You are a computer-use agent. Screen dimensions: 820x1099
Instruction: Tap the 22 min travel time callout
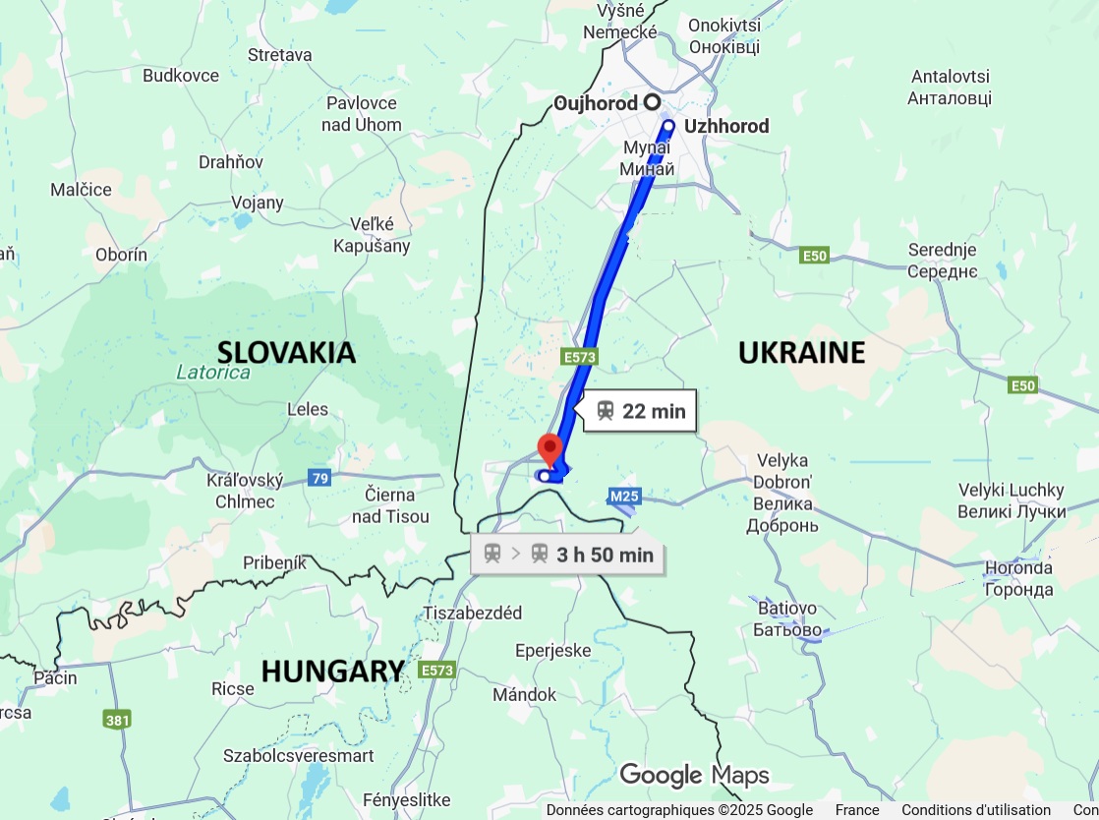coord(640,411)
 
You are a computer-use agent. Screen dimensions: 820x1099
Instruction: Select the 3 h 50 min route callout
coord(568,555)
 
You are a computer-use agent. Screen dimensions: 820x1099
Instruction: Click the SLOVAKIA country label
coord(286,352)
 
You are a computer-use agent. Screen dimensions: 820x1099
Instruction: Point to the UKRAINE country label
coord(801,352)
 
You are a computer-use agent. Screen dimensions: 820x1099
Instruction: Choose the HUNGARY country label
coord(332,671)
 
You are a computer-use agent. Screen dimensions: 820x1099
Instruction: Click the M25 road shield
coord(624,497)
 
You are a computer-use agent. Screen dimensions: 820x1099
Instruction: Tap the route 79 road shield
coord(318,479)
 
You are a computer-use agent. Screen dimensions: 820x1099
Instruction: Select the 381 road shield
coord(117,720)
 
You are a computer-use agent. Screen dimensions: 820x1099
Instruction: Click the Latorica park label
coord(213,374)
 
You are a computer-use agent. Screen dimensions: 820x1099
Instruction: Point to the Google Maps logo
coord(694,775)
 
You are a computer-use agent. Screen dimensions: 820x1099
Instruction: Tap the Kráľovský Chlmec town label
coord(245,491)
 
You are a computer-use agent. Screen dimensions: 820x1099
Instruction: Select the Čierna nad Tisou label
coord(390,505)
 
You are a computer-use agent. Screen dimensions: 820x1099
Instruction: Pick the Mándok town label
coord(524,695)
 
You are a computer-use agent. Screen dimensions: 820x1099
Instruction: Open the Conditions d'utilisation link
coord(975,810)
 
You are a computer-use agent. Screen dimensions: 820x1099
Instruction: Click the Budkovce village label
coord(181,76)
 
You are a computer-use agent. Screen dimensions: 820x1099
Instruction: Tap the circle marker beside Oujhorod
coord(651,102)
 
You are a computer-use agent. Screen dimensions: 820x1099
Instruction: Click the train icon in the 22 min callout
coord(606,411)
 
